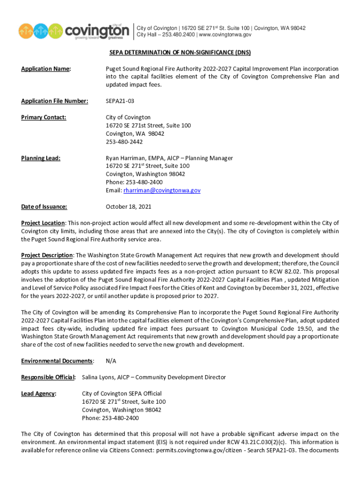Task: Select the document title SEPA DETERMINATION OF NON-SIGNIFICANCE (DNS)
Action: click(x=180, y=53)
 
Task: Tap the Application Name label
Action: click(x=45, y=69)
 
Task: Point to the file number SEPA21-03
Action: click(x=120, y=101)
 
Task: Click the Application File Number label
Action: click(x=54, y=101)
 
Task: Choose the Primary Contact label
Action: click(x=43, y=117)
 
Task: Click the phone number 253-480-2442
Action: click(x=125, y=142)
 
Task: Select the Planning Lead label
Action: click(x=41, y=158)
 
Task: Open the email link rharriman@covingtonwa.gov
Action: click(x=162, y=190)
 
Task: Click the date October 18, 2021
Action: click(x=129, y=206)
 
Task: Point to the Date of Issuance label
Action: click(x=44, y=206)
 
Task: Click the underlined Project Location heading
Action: click(x=43, y=223)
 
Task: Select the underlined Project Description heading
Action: click(x=47, y=255)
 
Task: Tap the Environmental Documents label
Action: click(x=57, y=361)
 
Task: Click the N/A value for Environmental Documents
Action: click(x=111, y=361)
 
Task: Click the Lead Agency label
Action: click(x=38, y=394)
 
